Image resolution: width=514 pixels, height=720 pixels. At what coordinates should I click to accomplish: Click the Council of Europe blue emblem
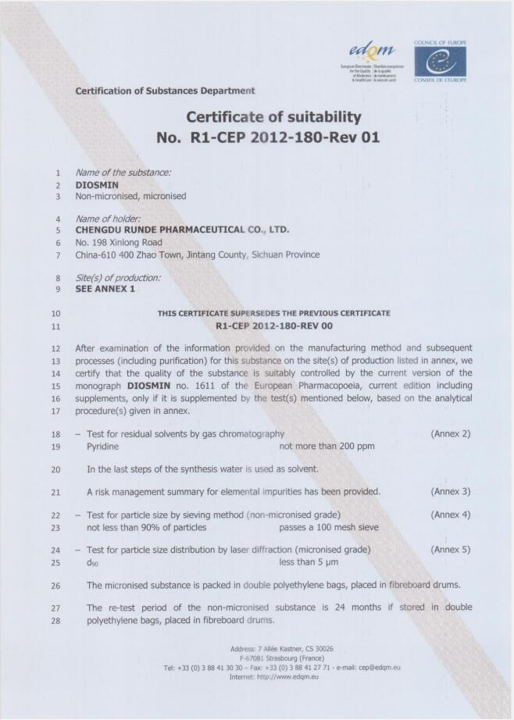click(440, 60)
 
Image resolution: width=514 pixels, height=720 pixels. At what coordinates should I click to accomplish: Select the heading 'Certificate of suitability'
click(273, 117)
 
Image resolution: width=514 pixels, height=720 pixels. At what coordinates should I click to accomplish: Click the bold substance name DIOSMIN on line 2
click(98, 185)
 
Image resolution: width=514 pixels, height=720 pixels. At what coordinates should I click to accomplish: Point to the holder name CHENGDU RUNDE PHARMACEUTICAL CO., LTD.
click(182, 230)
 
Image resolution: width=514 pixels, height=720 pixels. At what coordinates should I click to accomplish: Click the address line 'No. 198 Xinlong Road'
click(119, 242)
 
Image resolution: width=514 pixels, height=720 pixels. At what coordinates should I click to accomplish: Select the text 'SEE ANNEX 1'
click(105, 289)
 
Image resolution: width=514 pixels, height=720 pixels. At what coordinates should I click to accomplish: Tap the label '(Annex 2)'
click(451, 433)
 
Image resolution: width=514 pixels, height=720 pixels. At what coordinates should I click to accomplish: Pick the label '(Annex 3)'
click(451, 491)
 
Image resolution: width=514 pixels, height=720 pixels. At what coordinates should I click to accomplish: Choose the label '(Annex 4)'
click(451, 515)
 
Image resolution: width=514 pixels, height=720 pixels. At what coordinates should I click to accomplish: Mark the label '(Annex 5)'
click(451, 550)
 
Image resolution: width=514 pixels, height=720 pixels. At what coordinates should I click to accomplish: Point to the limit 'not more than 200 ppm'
click(327, 446)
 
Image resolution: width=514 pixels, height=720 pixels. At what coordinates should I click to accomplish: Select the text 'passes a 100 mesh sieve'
click(329, 527)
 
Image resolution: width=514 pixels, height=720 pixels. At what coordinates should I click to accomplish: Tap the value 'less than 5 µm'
click(309, 562)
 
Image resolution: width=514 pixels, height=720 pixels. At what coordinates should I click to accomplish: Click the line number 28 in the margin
click(55, 621)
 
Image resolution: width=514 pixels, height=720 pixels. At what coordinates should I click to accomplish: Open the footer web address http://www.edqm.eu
click(284, 676)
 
